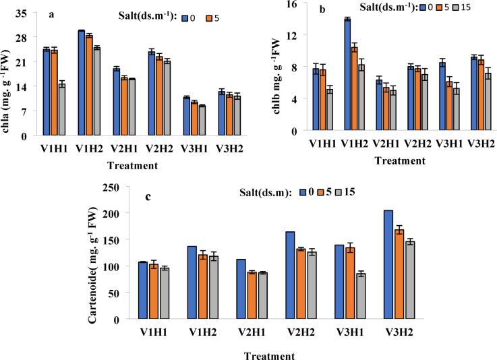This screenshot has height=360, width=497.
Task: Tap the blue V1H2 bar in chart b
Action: [347, 74]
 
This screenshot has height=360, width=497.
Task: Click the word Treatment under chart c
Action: [270, 352]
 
